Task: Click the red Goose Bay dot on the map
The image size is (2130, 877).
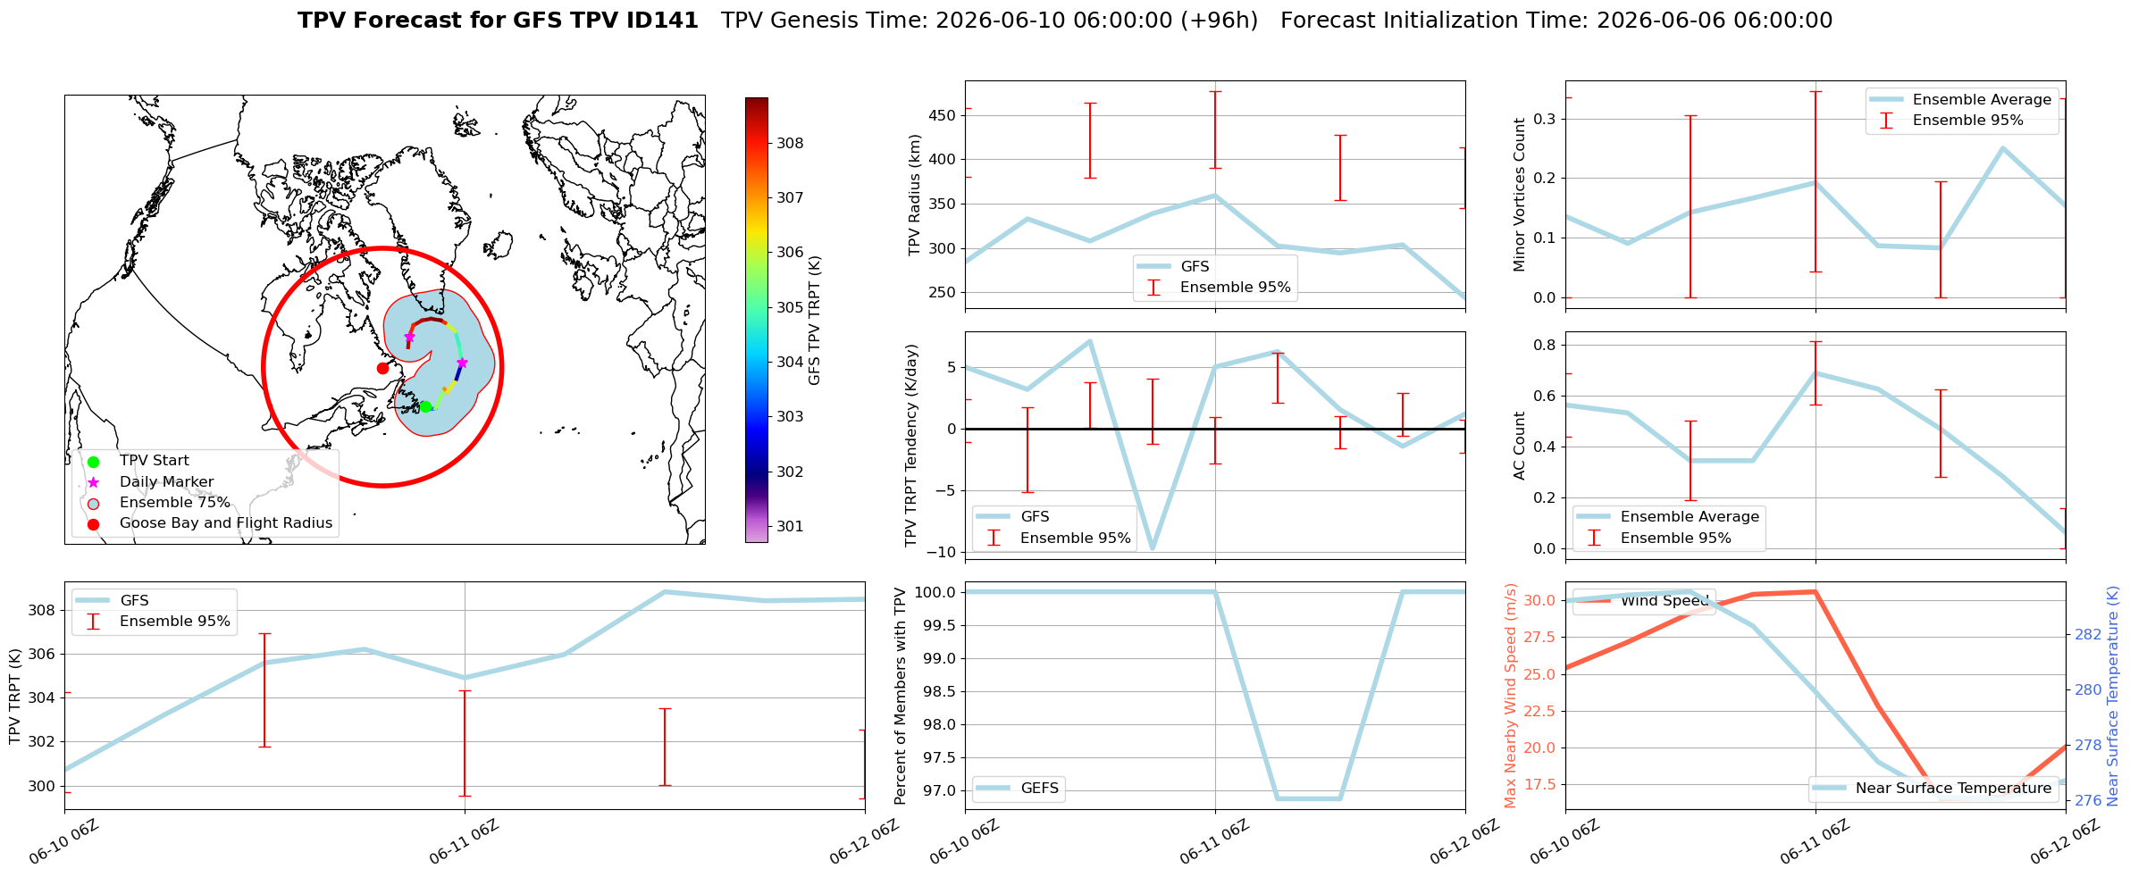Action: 382,368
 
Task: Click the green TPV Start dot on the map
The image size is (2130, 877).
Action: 425,406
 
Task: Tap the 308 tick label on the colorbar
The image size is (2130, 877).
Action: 790,143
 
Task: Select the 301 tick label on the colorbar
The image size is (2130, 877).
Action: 790,526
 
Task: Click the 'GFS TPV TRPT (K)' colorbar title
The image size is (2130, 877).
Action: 814,321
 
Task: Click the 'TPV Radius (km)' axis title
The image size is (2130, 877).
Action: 914,195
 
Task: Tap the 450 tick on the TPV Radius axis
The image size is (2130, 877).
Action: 943,115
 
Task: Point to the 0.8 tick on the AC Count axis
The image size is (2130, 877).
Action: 1545,345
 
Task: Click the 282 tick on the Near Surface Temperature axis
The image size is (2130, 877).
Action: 2088,634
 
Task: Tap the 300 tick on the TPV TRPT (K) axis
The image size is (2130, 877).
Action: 43,786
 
